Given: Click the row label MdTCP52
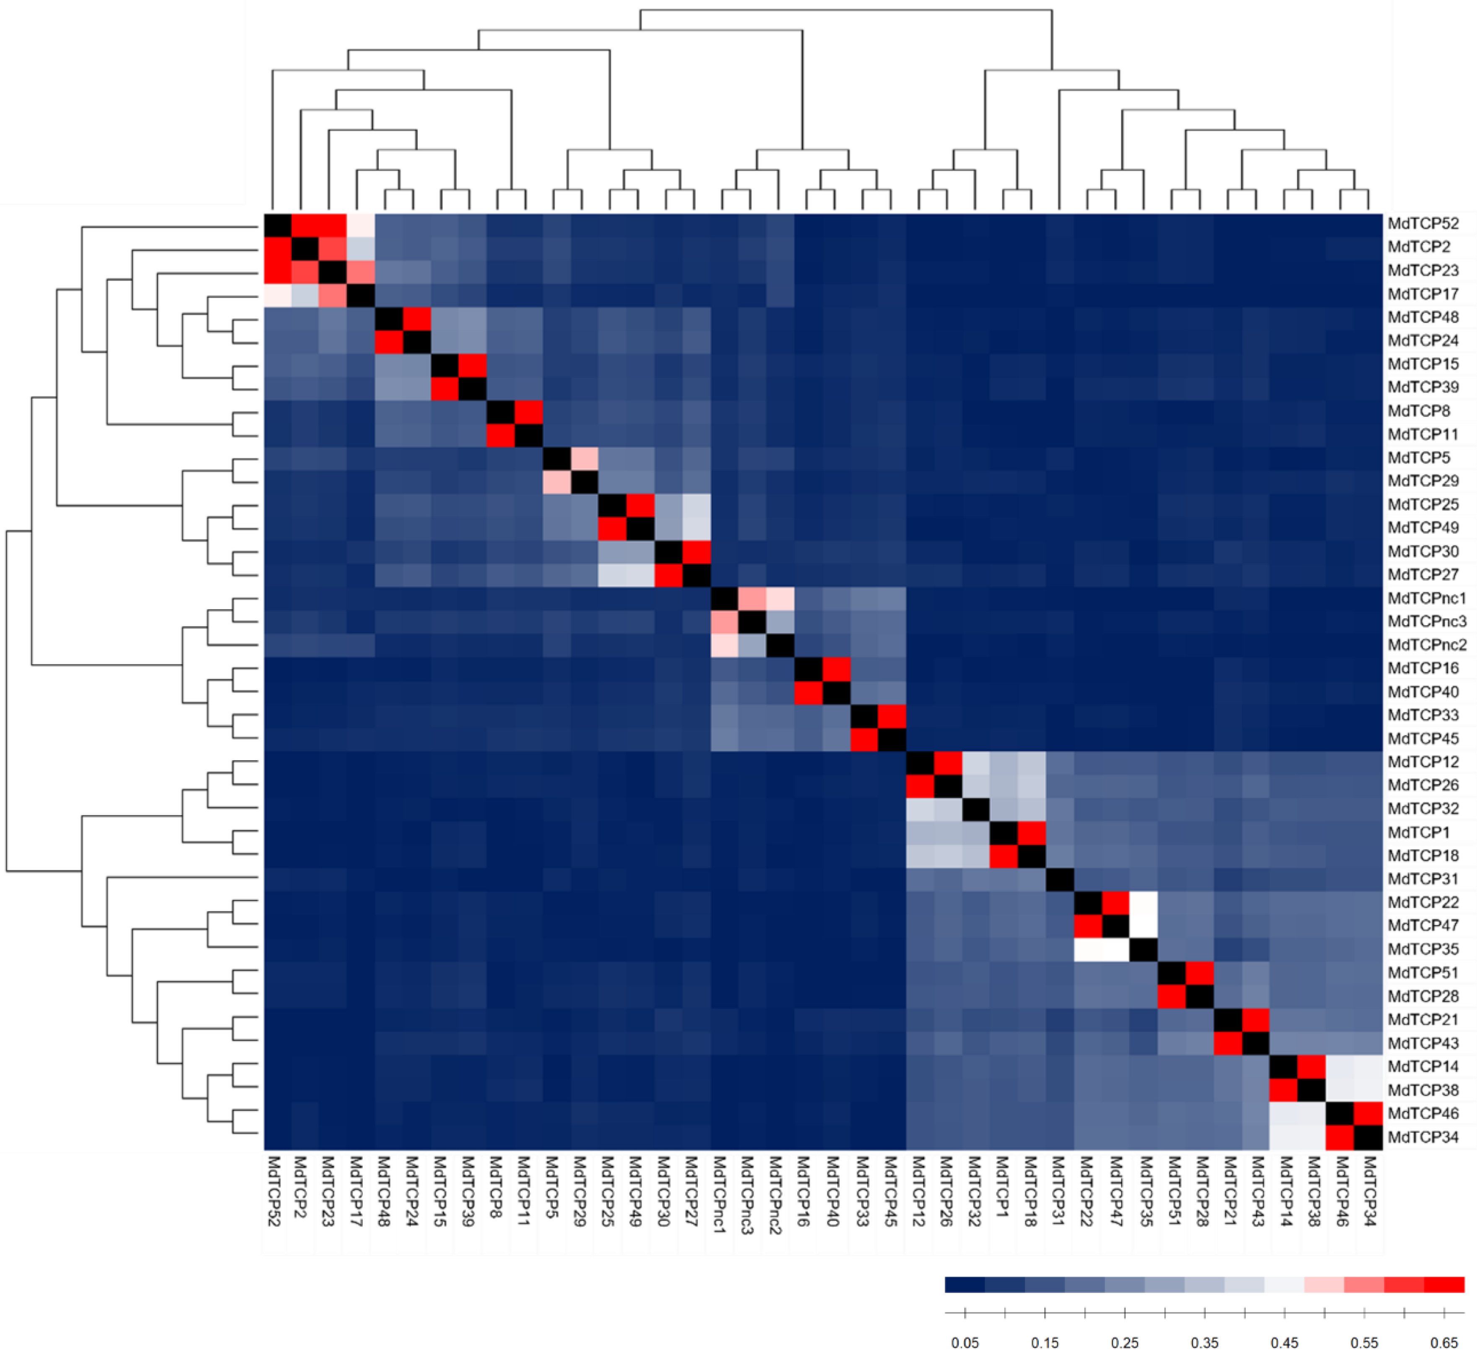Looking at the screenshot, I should (1422, 223).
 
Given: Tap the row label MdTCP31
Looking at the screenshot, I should (1422, 879).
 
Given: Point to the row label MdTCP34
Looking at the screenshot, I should (1422, 1137).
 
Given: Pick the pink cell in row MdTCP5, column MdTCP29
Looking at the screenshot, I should (585, 458).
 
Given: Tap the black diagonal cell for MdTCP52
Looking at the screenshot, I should (278, 223).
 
